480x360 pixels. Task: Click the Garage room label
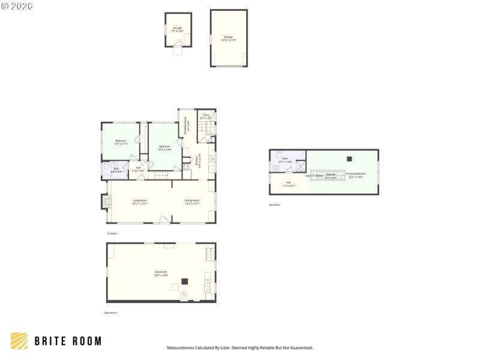point(229,38)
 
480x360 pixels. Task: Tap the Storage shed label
point(178,29)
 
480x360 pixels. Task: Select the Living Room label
point(140,202)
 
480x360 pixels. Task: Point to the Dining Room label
point(191,202)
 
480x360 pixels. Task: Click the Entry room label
point(206,116)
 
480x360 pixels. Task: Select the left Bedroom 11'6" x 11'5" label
point(121,142)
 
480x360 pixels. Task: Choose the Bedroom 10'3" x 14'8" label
point(165,148)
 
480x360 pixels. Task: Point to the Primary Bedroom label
point(355,175)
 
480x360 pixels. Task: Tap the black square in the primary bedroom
point(349,158)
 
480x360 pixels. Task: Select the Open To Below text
point(314,176)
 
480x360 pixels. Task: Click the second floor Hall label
point(289,184)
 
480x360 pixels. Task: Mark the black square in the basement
point(185,281)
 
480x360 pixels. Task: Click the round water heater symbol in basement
point(184,293)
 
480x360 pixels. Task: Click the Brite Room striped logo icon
point(19,341)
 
